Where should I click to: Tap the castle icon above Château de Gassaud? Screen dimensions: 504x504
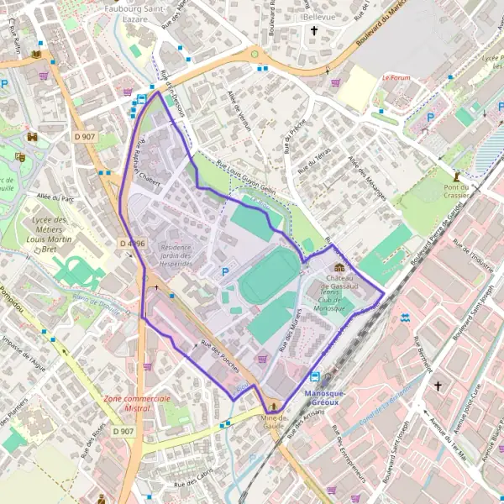(339, 267)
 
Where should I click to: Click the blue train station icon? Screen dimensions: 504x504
(315, 377)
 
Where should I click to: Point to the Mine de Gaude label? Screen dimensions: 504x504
(273, 421)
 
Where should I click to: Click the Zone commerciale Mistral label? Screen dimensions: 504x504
(137, 403)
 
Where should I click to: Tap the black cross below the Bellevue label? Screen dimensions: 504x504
(315, 32)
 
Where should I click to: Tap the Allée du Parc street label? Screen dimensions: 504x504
(55, 199)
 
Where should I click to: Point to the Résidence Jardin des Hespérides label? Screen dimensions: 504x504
(176, 255)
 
